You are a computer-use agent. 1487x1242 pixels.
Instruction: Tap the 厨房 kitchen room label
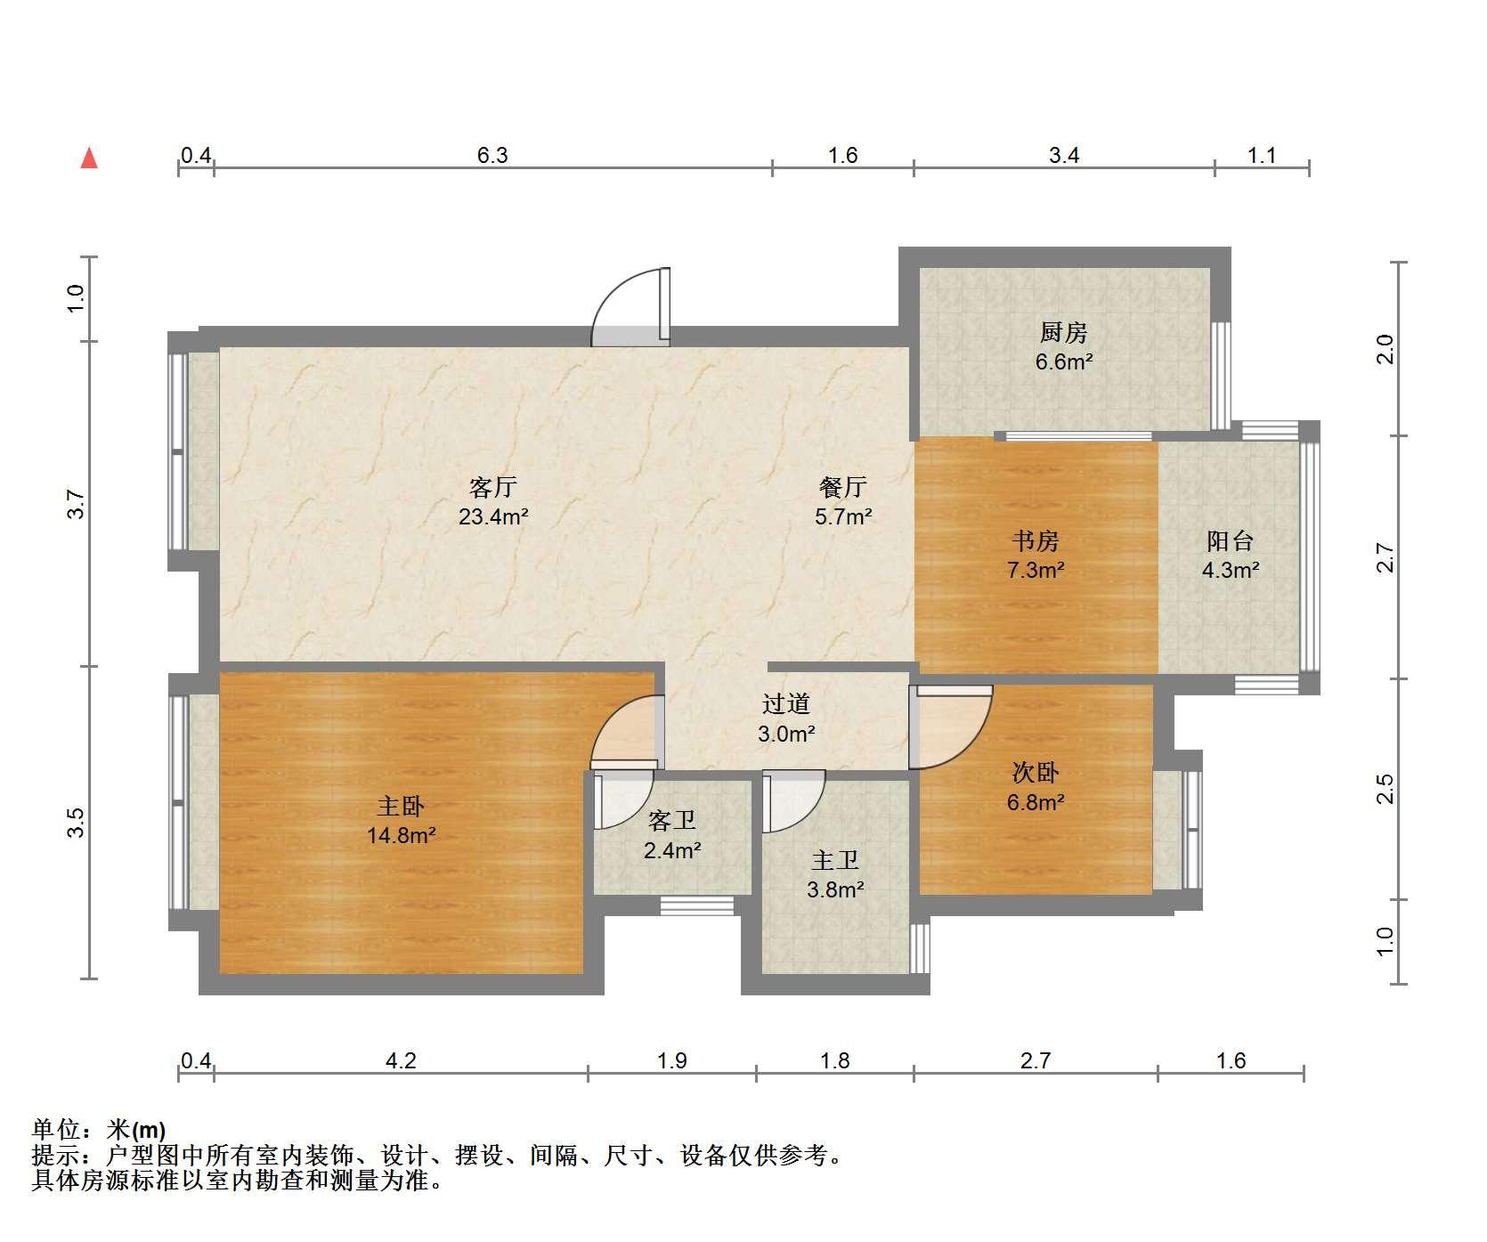click(1063, 333)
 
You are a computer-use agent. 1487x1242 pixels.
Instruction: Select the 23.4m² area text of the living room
click(493, 516)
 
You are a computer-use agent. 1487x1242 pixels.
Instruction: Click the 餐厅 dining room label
click(842, 487)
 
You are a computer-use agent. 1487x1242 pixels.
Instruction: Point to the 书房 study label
click(1035, 540)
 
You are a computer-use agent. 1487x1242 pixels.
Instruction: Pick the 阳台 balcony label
click(1230, 540)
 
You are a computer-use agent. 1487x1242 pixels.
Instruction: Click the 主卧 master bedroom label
click(401, 807)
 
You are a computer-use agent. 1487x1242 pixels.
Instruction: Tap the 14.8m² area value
click(401, 836)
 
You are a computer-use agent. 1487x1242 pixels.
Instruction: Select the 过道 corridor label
click(785, 704)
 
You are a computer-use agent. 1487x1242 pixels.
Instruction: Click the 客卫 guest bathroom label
click(672, 820)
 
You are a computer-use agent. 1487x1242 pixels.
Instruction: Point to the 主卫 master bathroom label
click(835, 860)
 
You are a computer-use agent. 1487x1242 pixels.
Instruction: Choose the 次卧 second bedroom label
click(1035, 773)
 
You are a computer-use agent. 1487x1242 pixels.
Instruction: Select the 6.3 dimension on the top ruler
click(492, 156)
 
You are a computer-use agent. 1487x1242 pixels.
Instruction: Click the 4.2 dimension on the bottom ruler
click(401, 1060)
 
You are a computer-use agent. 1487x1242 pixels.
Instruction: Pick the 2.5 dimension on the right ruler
click(1385, 789)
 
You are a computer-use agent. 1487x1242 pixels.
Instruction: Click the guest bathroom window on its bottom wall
click(697, 905)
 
